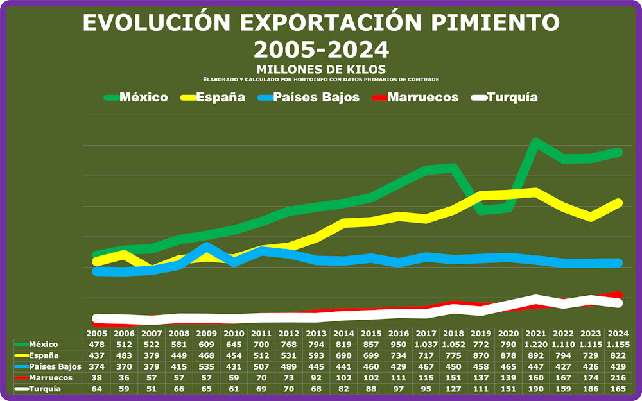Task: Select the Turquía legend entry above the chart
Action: (x=504, y=98)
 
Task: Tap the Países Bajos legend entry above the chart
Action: (x=306, y=98)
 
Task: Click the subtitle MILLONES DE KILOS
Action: (x=320, y=69)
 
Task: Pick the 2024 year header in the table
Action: (x=618, y=334)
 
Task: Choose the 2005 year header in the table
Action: (x=96, y=334)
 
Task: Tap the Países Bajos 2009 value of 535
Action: (x=206, y=366)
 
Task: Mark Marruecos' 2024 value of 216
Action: (x=618, y=378)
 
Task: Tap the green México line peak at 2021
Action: (x=535, y=141)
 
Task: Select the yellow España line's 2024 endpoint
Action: (x=618, y=202)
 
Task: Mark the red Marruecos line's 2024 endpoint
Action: (x=618, y=294)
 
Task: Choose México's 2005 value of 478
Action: (x=96, y=345)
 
